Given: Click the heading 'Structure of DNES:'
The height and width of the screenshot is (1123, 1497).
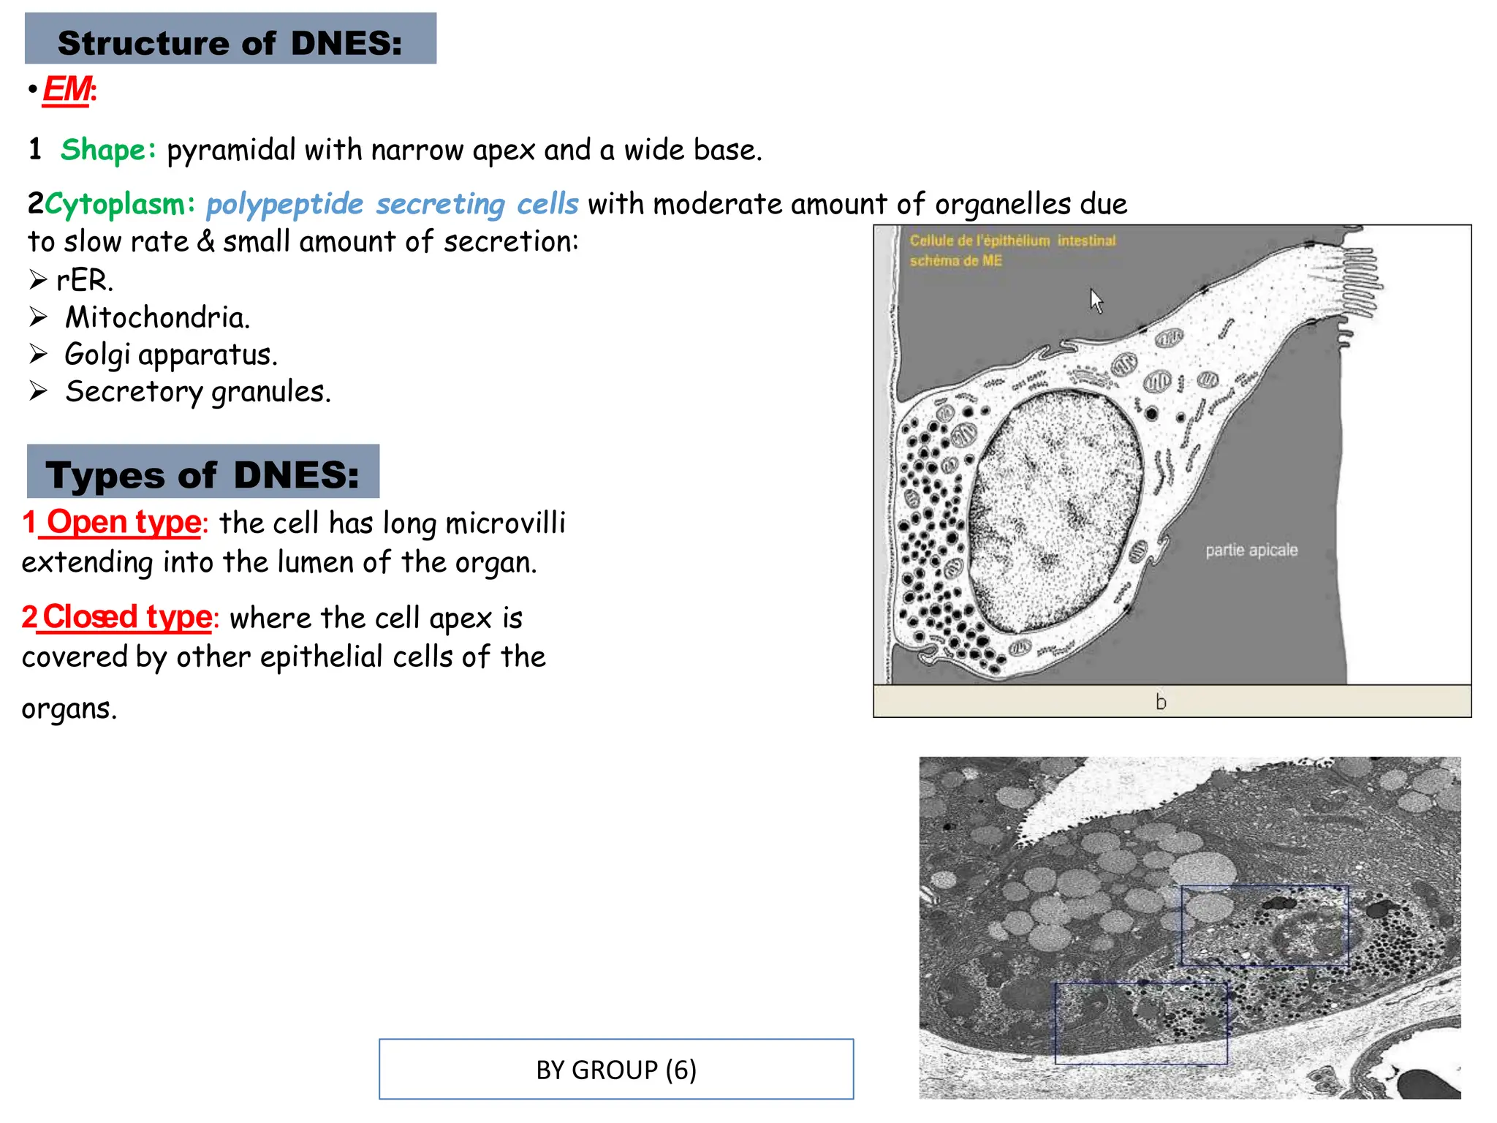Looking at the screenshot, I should coord(230,42).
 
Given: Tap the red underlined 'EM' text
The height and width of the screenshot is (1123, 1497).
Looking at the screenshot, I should coord(67,91).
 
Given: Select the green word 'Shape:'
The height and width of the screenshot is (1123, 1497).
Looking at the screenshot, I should coord(108,150).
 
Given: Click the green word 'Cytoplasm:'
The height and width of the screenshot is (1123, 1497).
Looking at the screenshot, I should coord(120,204).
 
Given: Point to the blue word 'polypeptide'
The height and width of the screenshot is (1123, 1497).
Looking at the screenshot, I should coord(284,204).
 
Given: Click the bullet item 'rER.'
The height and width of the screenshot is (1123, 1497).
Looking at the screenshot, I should coord(85,280).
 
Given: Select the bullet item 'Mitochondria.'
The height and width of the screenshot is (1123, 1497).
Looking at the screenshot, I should coord(157,317).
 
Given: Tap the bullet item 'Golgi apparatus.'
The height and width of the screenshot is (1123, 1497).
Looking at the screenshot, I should coord(170,355).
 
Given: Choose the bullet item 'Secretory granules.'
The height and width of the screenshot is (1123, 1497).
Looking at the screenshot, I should coord(197,392).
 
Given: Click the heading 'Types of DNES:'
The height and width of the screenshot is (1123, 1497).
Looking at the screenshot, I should coord(202,474).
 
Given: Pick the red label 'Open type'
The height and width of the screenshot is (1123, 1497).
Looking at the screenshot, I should coord(124,523).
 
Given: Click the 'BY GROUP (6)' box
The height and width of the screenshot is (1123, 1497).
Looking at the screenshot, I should coord(615,1069).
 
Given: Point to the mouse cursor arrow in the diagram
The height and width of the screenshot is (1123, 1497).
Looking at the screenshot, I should coord(1096,300).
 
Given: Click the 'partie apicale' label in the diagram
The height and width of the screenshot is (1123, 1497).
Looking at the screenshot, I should coord(1251,550).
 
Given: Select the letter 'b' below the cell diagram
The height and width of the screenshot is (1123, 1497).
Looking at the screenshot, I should coord(1161,702).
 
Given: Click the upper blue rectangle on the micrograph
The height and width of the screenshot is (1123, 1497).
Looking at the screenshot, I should coord(1265,926).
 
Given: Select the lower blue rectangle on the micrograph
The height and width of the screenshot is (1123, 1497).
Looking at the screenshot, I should coord(1140,1023).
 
